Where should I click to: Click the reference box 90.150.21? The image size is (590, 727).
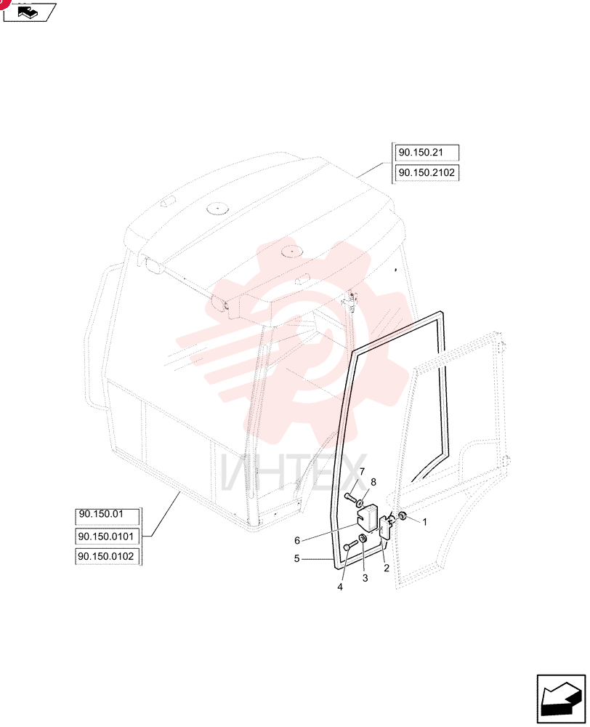(x=427, y=153)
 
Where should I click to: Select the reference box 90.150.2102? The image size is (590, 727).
(x=427, y=172)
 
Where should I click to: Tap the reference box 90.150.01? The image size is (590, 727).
(x=108, y=515)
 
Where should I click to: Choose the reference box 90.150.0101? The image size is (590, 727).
(x=108, y=537)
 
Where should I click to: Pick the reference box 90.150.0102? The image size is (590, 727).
(x=108, y=556)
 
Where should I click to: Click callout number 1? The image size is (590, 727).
(x=424, y=522)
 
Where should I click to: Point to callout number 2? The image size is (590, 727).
(x=386, y=568)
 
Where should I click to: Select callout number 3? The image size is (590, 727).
(x=365, y=578)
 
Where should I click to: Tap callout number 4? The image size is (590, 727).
(x=340, y=587)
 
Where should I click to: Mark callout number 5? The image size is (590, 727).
(x=296, y=558)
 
